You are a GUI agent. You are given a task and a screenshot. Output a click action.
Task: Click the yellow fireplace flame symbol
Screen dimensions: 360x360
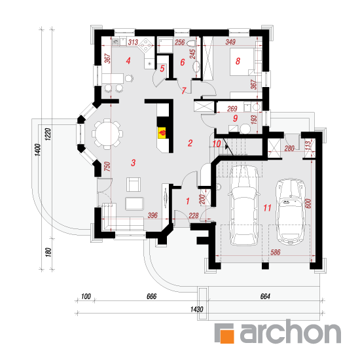162,133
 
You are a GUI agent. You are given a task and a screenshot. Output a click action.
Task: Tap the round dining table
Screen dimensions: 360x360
107,134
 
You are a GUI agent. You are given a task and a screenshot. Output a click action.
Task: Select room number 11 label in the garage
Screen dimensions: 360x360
267,207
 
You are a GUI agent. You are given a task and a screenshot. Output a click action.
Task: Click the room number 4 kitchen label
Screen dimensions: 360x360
128,61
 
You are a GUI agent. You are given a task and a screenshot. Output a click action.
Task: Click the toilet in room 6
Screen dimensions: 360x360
191,43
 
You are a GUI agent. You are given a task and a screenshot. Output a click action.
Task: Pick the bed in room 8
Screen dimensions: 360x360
242,62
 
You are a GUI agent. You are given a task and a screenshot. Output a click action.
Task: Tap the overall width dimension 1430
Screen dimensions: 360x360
197,309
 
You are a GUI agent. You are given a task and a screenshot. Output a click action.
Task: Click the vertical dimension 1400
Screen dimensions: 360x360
38,150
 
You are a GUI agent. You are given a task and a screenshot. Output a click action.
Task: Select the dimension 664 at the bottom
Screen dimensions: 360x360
265,297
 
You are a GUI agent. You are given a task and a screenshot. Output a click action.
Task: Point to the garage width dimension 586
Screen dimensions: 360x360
276,252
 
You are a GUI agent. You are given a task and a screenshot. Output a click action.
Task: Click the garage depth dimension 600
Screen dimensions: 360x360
308,204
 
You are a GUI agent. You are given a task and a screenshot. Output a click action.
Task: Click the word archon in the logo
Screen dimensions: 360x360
290,332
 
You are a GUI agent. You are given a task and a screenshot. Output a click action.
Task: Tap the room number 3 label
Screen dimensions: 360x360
133,163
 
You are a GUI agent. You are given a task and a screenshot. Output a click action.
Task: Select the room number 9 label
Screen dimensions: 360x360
235,118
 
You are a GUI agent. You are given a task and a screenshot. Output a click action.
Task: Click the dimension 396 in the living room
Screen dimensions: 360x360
153,215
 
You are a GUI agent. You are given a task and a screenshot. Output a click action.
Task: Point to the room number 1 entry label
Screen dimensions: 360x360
188,201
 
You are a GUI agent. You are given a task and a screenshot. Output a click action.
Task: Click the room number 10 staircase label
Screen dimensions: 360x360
217,144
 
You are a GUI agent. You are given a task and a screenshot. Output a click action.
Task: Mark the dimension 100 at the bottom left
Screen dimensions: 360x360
86,297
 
